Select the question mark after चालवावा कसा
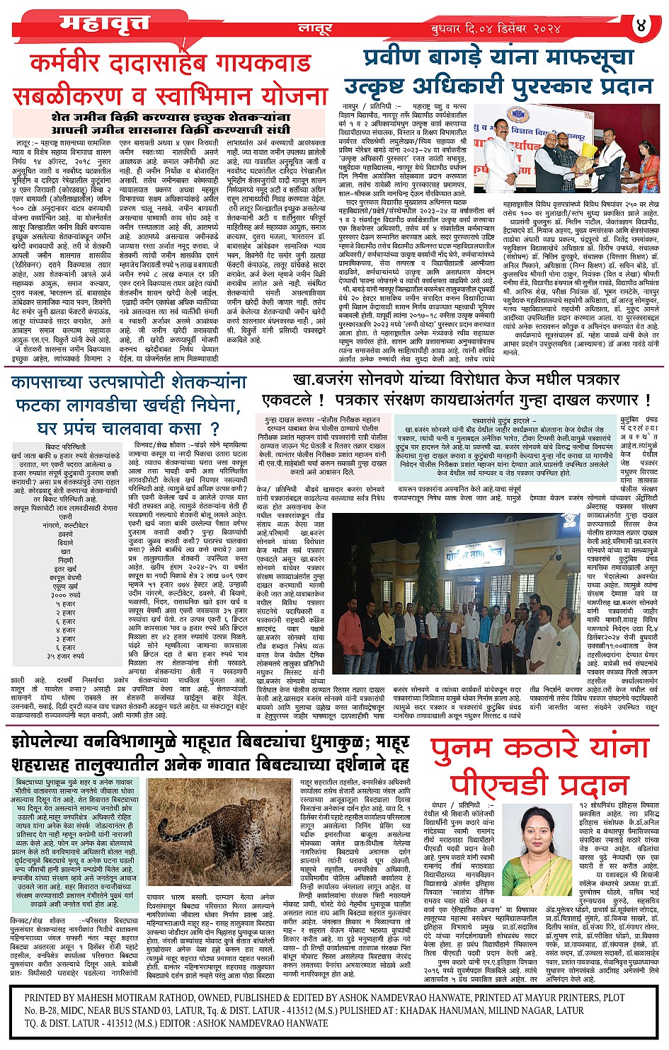[215, 428]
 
